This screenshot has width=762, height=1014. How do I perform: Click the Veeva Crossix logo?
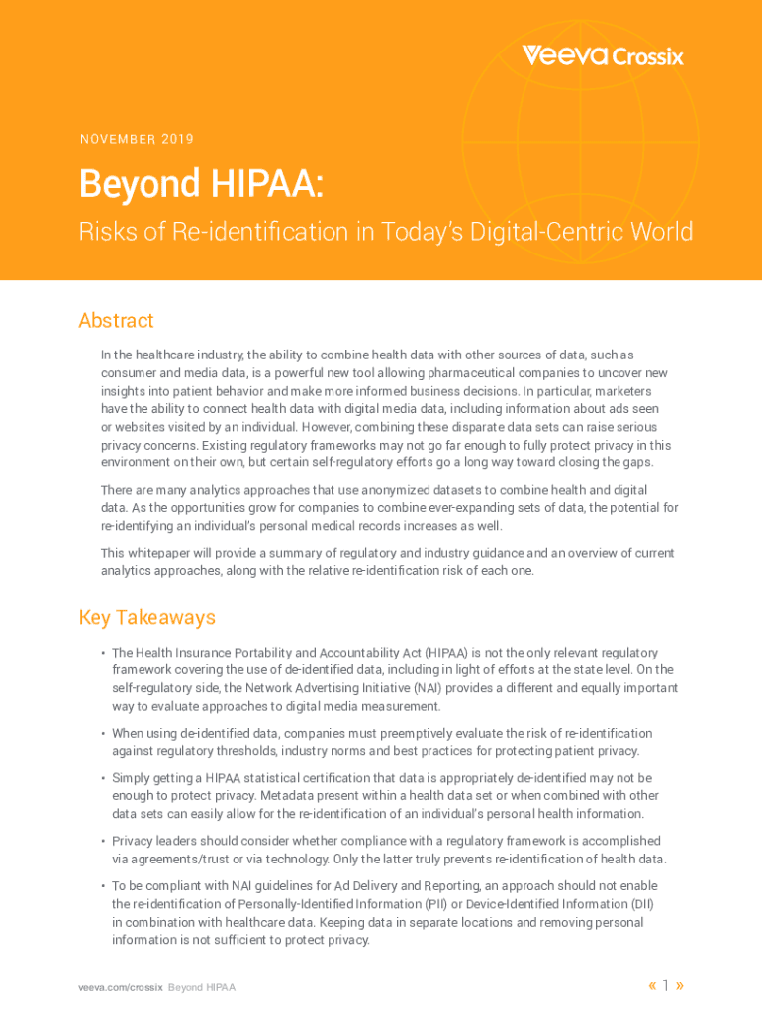point(603,55)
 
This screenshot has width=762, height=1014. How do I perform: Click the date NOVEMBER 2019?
point(137,139)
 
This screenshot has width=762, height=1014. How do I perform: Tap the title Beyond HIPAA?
point(201,184)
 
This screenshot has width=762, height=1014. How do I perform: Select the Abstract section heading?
point(116,320)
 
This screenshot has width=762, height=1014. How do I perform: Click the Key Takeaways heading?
point(146,617)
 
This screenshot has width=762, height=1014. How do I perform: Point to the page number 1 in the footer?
point(666,985)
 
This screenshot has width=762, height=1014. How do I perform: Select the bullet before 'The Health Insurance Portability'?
point(103,653)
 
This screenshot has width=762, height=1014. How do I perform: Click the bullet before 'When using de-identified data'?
point(103,734)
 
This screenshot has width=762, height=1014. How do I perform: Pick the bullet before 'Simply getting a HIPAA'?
point(103,779)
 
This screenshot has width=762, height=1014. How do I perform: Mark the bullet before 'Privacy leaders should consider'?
point(103,841)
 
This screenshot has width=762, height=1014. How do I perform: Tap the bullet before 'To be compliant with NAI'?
point(103,886)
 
